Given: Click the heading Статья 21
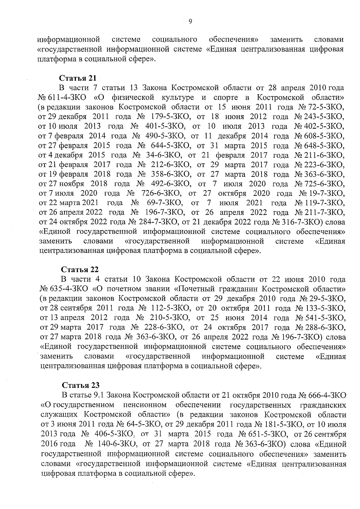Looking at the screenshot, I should tap(78, 78).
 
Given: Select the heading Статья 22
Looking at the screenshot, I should tap(80, 269).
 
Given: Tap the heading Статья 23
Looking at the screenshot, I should tap(81, 385).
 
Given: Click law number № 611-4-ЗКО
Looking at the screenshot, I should tap(62, 97).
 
